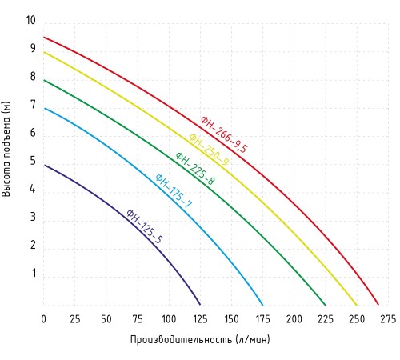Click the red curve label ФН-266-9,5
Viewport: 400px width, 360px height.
click(224, 134)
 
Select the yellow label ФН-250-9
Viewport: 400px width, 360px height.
click(209, 150)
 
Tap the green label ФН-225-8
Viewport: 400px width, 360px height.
click(195, 168)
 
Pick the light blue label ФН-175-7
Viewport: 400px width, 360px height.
click(174, 190)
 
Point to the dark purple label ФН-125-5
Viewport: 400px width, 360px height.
click(144, 226)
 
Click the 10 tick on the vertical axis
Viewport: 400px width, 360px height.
click(30, 20)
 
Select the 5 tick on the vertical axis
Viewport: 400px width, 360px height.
click(33, 161)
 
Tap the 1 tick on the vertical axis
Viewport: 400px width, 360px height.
click(34, 273)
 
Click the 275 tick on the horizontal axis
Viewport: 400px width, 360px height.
click(388, 319)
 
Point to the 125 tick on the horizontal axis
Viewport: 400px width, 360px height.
click(200, 319)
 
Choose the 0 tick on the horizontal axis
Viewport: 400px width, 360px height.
click(43, 319)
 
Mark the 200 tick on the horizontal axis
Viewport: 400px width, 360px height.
click(294, 319)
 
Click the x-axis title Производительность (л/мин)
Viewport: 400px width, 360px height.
click(200, 339)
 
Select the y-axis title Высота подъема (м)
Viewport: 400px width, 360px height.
click(6, 149)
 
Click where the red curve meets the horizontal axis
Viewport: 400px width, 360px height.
click(378, 305)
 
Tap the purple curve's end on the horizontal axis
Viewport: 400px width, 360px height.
click(200, 305)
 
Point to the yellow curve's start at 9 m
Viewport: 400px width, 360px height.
click(44, 52)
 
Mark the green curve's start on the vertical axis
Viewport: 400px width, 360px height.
click(44, 80)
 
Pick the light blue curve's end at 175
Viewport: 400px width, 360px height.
click(262, 305)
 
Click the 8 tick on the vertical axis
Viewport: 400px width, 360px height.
click(33, 77)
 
